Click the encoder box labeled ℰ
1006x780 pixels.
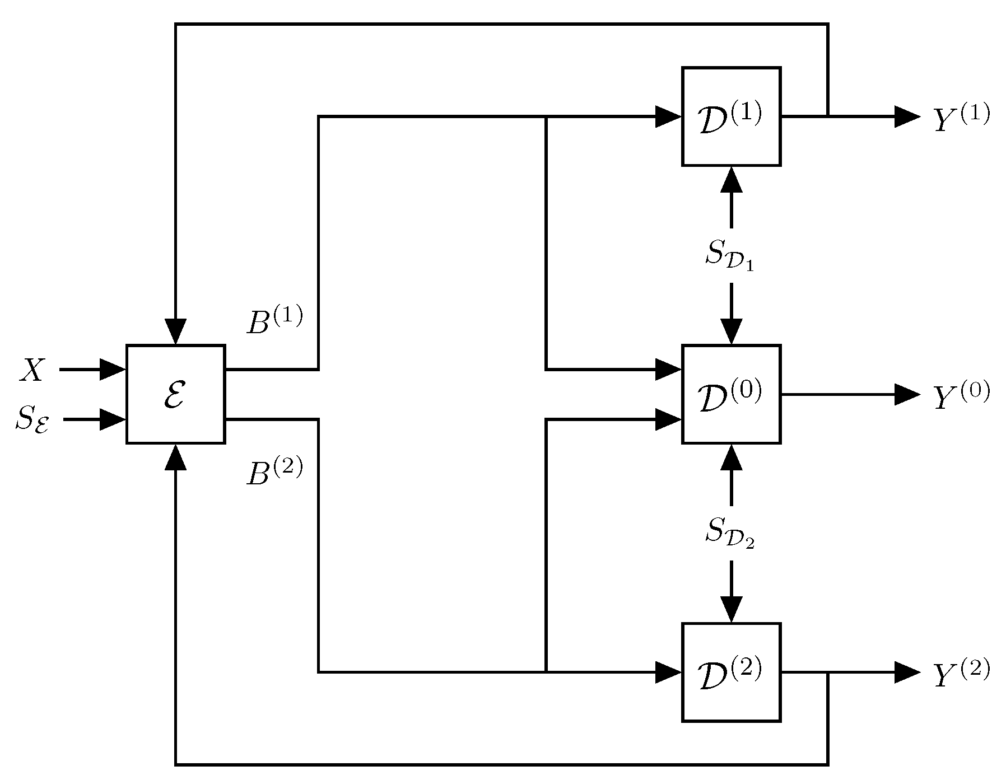coord(175,394)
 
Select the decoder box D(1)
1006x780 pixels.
coord(731,116)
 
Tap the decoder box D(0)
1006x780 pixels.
coord(731,394)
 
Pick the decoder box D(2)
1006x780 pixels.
coord(731,672)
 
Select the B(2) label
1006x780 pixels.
coord(274,471)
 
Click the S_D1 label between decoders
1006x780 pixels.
coord(730,255)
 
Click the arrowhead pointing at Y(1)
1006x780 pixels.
coord(906,116)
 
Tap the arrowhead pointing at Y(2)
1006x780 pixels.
coord(906,672)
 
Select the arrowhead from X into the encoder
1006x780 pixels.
coord(112,370)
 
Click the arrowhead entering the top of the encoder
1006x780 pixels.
coord(176,331)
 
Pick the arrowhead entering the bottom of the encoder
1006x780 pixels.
coord(176,457)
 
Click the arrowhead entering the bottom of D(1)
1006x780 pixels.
coord(731,179)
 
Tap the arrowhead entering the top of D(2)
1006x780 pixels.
coord(731,609)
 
